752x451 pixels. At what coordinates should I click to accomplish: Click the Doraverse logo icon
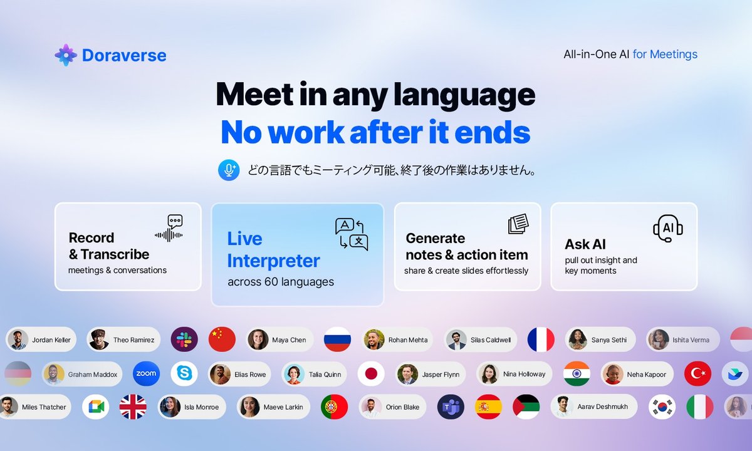click(66, 55)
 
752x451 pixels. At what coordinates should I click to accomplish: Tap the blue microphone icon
click(229, 170)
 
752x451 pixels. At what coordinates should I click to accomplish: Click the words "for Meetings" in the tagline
click(665, 54)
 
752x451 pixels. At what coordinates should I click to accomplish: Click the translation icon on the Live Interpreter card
click(352, 234)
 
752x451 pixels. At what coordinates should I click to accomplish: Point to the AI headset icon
click(667, 227)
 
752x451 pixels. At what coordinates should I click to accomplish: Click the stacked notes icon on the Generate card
click(518, 225)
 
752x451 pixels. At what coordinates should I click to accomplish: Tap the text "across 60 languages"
click(281, 282)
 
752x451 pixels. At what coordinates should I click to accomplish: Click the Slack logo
click(184, 340)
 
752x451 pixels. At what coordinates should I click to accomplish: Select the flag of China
click(222, 340)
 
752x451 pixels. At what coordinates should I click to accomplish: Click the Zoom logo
click(146, 374)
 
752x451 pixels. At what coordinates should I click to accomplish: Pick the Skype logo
click(184, 374)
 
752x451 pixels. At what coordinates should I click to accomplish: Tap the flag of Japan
click(371, 374)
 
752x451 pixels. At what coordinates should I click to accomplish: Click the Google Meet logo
click(96, 407)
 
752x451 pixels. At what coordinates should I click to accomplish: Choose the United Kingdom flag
click(133, 407)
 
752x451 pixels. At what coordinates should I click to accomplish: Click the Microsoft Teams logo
click(450, 407)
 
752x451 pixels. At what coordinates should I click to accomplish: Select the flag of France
click(541, 340)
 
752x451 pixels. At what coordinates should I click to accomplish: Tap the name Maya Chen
click(289, 340)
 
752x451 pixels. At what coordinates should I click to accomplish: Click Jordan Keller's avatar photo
click(18, 340)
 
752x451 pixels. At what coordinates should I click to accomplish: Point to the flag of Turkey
click(697, 374)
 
